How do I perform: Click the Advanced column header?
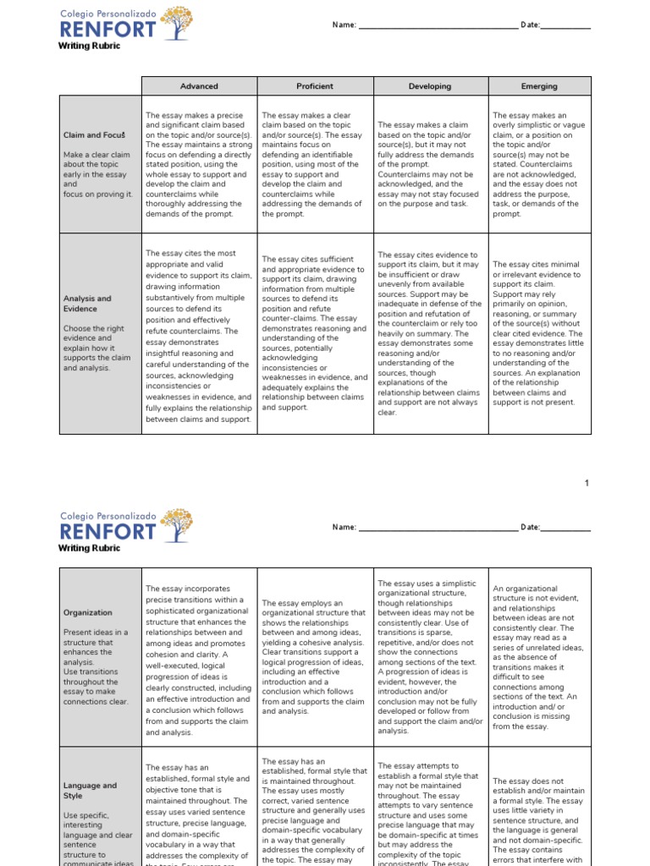tap(199, 86)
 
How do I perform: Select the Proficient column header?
tap(315, 86)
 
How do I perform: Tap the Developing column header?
tap(430, 86)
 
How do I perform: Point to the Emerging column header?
tap(540, 86)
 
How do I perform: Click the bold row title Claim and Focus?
tap(95, 135)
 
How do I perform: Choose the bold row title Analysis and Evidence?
tap(87, 304)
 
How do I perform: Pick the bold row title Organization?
tap(88, 612)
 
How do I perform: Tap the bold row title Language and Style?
tap(90, 791)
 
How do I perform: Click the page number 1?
tap(587, 483)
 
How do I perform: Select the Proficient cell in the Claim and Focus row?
tap(315, 165)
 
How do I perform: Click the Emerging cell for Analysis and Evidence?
tap(540, 332)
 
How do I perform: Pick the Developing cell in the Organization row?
tap(430, 656)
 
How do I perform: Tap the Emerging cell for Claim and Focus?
tap(540, 165)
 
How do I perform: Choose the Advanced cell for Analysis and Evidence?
tap(199, 336)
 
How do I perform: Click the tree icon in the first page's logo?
tap(176, 23)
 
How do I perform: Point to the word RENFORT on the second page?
tap(107, 531)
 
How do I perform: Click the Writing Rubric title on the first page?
tap(89, 46)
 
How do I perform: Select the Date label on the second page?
tap(530, 528)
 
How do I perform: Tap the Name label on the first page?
tap(344, 26)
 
